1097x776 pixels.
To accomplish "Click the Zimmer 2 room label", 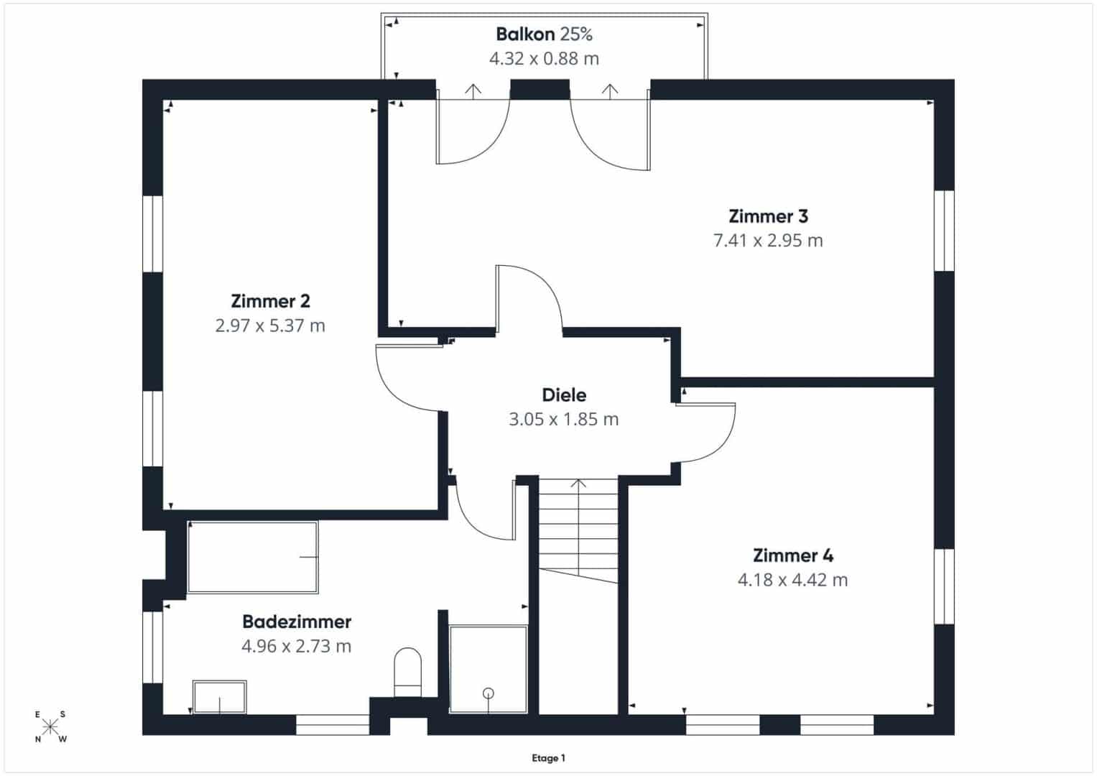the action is [270, 301].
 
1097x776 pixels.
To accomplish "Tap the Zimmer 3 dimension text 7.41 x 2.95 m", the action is [768, 241].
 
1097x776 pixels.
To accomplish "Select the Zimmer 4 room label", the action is [793, 555].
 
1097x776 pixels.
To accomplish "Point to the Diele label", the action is [564, 395].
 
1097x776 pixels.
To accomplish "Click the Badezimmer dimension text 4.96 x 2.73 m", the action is [296, 646].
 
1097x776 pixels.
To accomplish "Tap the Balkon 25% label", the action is [544, 34].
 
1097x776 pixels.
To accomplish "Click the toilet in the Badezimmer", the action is [407, 672].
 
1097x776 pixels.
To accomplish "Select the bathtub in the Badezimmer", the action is [253, 557].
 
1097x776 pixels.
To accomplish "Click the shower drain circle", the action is [489, 693].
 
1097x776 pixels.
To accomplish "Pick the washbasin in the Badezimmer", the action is [219, 697].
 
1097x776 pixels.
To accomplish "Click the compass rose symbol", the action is [50, 726].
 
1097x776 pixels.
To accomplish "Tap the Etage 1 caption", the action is [549, 758].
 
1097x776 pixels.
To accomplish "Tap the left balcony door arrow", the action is [473, 92].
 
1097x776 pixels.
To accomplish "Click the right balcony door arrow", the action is [610, 92].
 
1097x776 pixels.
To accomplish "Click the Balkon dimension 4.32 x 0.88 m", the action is [544, 59].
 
